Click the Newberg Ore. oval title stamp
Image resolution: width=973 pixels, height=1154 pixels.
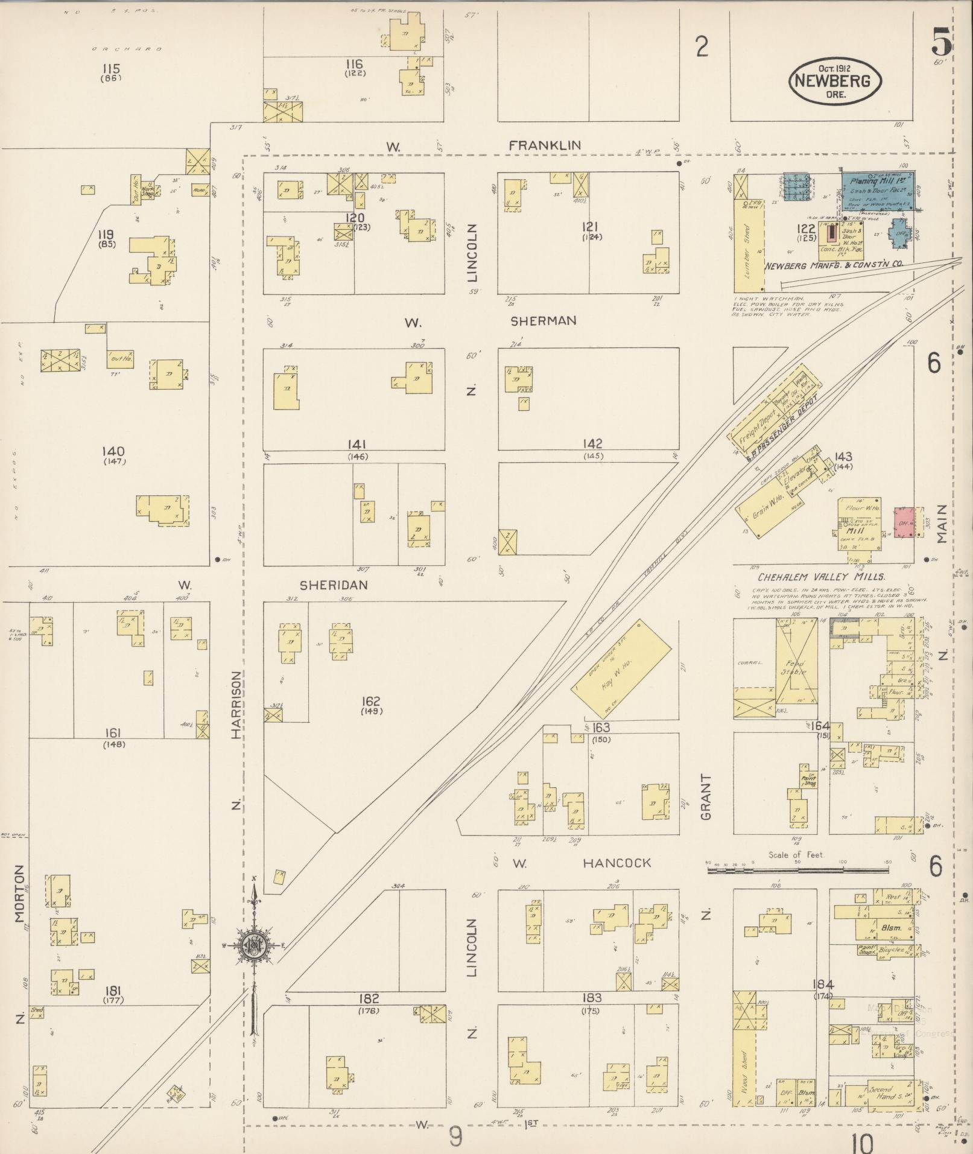(x=835, y=81)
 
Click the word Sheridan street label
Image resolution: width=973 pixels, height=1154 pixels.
(x=334, y=585)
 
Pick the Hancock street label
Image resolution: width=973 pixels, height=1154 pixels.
(x=616, y=863)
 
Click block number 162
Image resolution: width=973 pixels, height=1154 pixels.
(x=370, y=701)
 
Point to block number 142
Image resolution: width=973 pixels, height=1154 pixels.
(x=592, y=443)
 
